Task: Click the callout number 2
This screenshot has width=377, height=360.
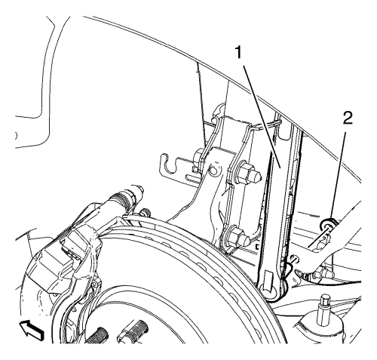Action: (x=348, y=118)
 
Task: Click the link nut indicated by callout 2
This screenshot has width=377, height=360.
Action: (x=327, y=225)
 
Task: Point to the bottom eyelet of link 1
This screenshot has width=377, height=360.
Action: (x=269, y=287)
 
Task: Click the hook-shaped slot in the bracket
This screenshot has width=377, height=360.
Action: (x=168, y=164)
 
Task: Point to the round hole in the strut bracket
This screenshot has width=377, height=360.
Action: (x=213, y=171)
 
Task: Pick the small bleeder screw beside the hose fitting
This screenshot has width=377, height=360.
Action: (x=144, y=213)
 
